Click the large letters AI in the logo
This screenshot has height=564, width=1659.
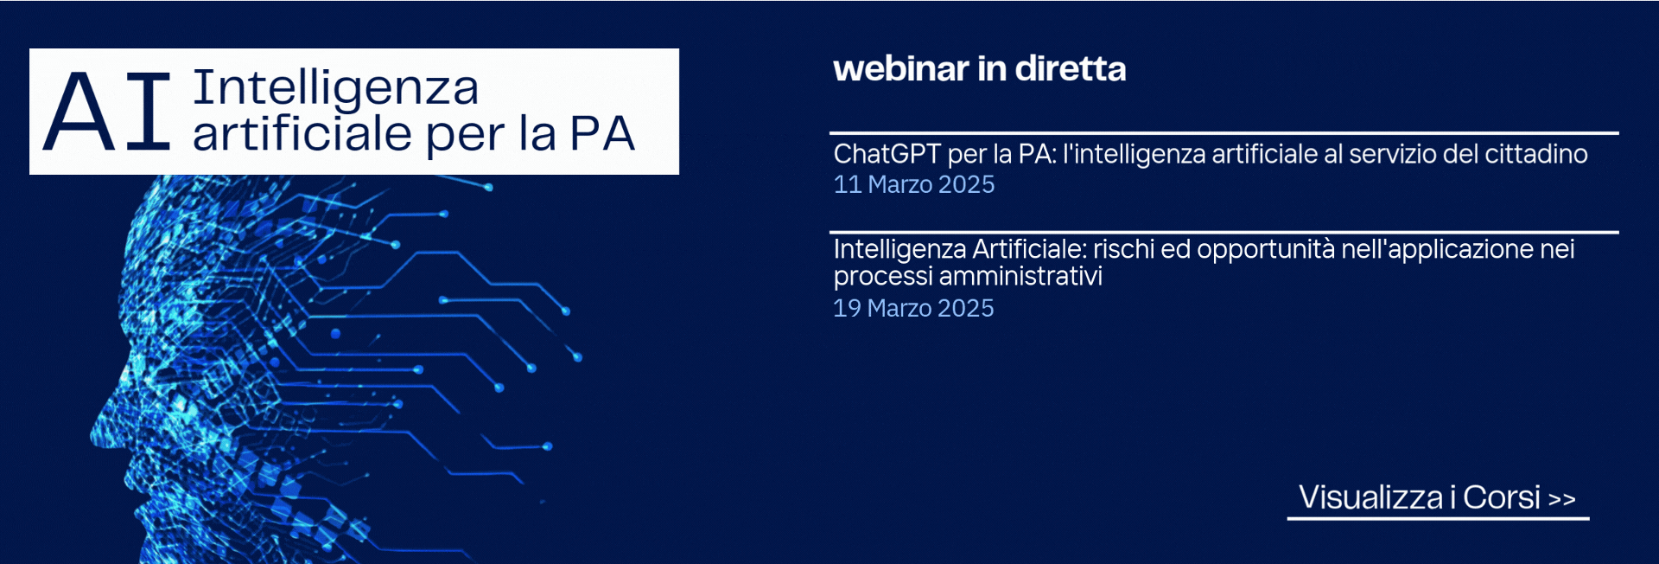click(106, 112)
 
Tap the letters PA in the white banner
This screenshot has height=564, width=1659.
click(602, 133)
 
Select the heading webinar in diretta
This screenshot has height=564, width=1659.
click(980, 69)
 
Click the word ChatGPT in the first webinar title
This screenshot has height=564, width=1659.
click(887, 154)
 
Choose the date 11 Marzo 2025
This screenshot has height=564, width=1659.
click(914, 184)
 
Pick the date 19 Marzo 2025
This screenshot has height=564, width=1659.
click(913, 308)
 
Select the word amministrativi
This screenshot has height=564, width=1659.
click(1020, 276)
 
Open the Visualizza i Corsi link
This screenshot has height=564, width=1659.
click(1437, 497)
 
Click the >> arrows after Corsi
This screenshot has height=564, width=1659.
click(1562, 499)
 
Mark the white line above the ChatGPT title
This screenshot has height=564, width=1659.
click(1224, 133)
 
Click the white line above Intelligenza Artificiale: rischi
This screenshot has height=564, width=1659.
click(1224, 232)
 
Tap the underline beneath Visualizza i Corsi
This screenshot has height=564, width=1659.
click(1438, 518)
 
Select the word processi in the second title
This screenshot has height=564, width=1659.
click(883, 277)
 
